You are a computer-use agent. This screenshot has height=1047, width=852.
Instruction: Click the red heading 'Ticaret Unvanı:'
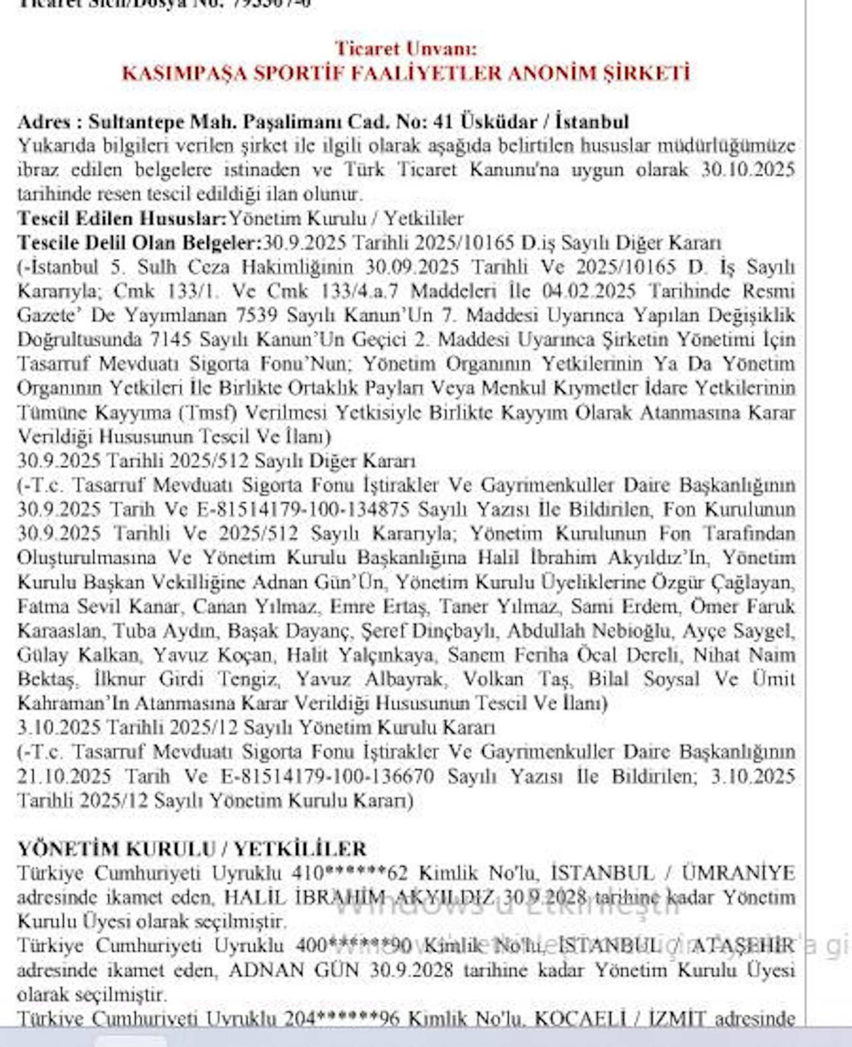(405, 49)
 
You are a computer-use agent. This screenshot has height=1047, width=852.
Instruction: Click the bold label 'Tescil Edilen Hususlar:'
(122, 218)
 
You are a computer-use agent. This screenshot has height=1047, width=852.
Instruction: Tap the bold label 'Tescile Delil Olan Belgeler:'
(140, 242)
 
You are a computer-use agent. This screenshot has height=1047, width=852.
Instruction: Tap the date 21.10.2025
(64, 776)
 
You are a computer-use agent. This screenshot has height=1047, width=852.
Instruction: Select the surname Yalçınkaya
(386, 655)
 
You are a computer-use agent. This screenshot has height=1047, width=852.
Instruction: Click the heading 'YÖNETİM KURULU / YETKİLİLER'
(192, 849)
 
